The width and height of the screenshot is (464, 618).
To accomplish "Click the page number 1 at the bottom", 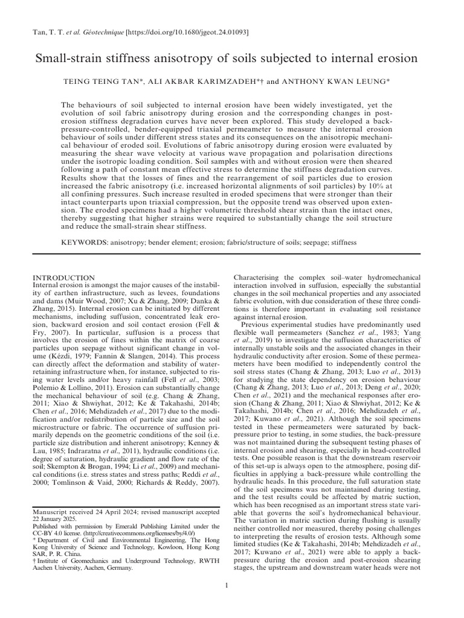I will [x=225, y=585].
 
